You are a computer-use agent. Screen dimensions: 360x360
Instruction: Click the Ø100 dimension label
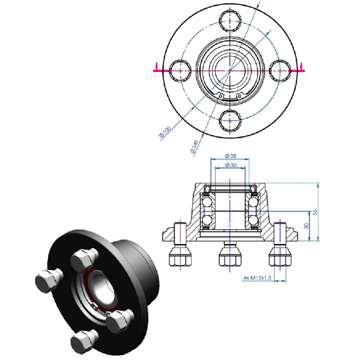click(x=165, y=133)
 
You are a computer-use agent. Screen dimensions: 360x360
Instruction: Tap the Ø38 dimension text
click(x=230, y=156)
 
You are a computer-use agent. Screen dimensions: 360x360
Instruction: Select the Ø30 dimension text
click(x=230, y=166)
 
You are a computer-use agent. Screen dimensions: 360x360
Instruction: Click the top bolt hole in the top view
click(x=230, y=21)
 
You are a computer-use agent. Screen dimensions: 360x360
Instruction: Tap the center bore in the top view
click(x=230, y=71)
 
